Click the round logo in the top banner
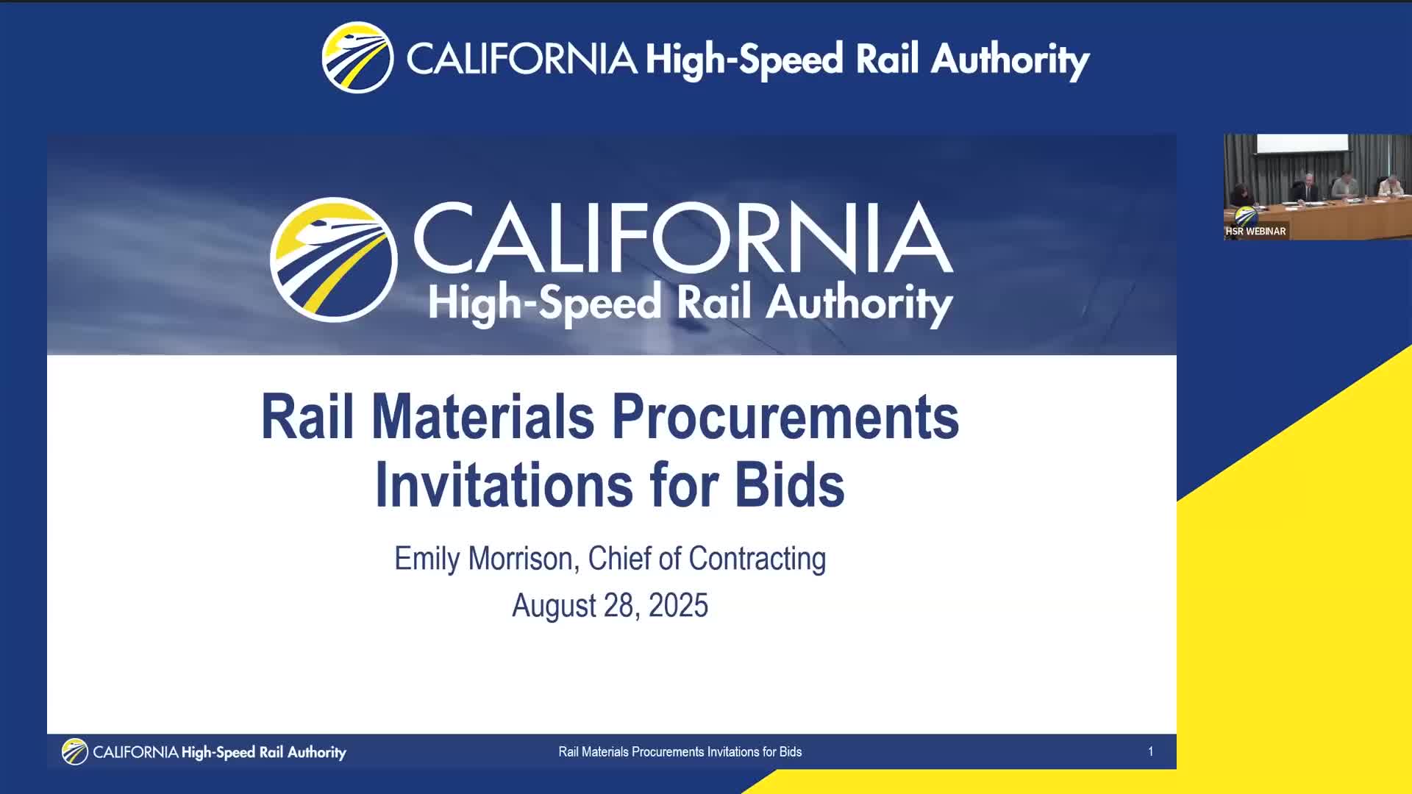[357, 57]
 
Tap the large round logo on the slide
[333, 260]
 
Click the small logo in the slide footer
[74, 751]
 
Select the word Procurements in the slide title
[785, 417]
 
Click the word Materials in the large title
[482, 417]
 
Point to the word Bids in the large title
[790, 485]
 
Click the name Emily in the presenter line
[427, 559]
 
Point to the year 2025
[678, 606]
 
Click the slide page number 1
[1150, 751]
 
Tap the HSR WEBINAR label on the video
[1255, 231]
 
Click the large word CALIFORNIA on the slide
[682, 237]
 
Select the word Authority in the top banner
[1010, 60]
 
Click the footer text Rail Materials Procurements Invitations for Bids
[680, 751]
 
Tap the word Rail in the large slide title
[307, 417]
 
